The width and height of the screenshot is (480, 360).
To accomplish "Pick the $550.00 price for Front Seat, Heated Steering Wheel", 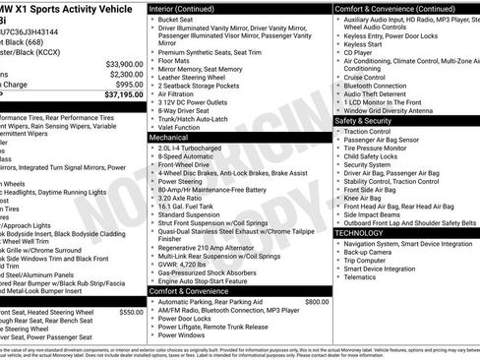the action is pos(131,311).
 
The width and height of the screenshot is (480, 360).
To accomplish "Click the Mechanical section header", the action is pos(175,139).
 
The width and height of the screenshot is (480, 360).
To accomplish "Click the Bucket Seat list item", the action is pos(178,19).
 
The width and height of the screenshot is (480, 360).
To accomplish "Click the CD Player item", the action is pos(363,52).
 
